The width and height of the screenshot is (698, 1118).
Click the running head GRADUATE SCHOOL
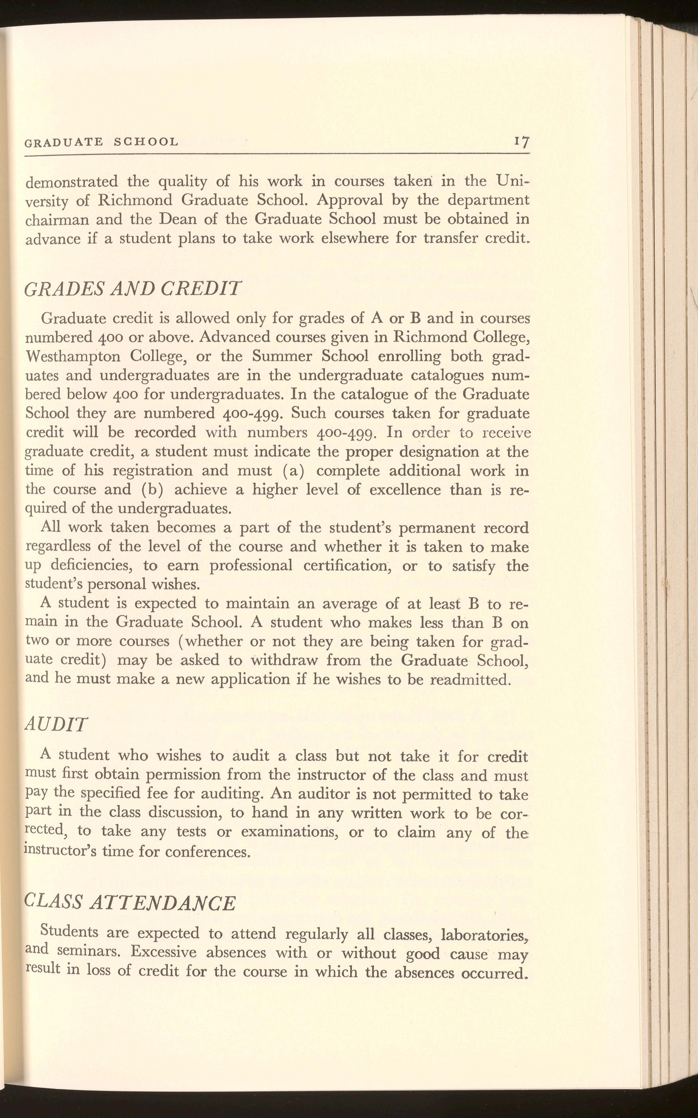coord(101,142)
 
